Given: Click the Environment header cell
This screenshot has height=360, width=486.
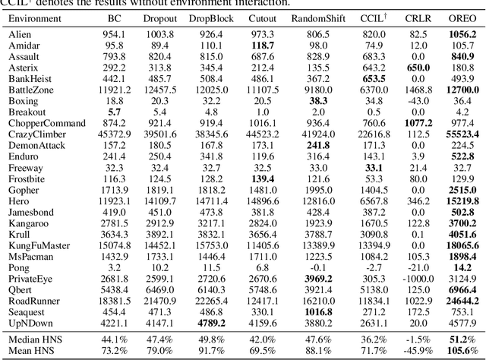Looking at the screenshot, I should coord(36,16).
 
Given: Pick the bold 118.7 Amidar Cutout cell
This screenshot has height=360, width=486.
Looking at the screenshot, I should coord(262,46).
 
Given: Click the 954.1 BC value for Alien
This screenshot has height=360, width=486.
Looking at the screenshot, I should coord(115,35).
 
